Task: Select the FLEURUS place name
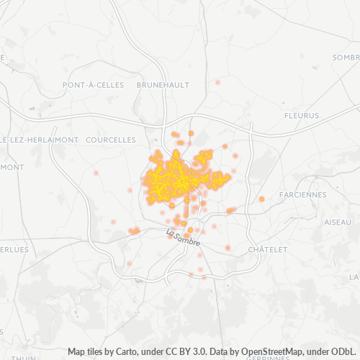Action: point(301,115)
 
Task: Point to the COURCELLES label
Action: point(110,139)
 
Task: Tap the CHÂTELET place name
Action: point(267,249)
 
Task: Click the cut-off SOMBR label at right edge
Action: point(346,57)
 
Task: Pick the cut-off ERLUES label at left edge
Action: point(14,249)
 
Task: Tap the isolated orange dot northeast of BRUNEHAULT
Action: point(217,82)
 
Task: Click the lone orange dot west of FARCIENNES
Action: point(262,199)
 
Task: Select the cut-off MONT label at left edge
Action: point(12,167)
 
